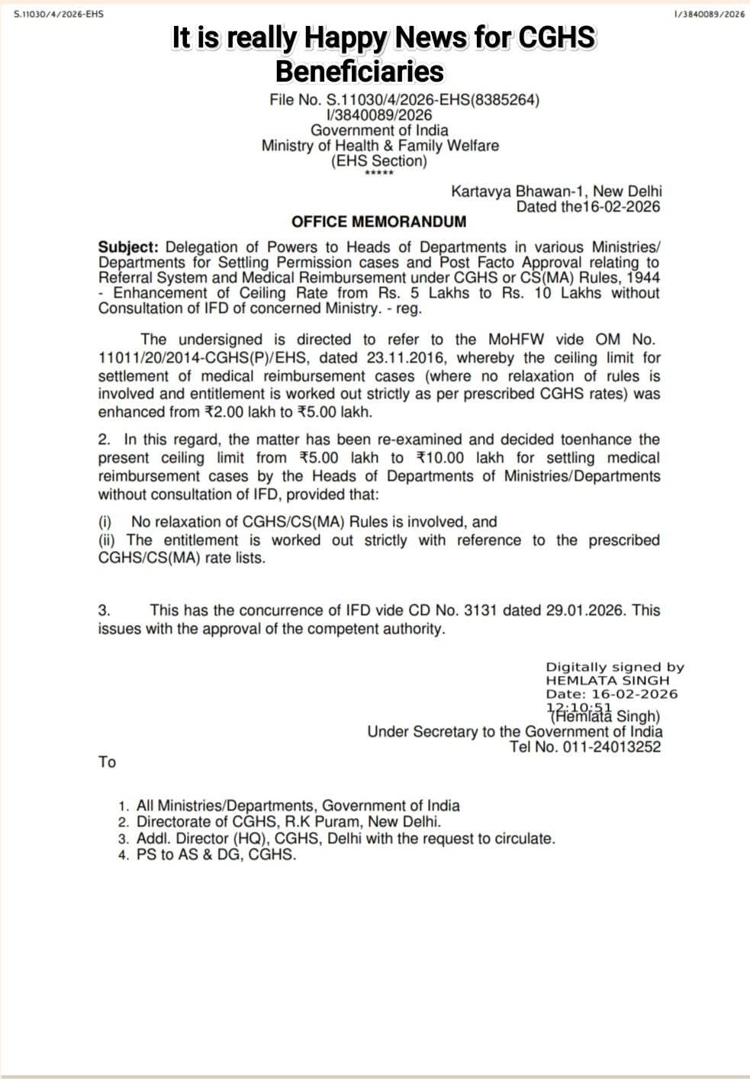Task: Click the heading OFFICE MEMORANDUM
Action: coord(378,222)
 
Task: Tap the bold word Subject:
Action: coord(128,247)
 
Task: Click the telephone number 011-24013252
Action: coord(612,747)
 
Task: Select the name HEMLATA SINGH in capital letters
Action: coord(607,680)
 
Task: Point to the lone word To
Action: coord(107,762)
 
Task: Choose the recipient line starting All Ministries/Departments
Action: coord(298,806)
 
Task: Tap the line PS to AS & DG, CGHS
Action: coord(216,855)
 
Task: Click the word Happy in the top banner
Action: coord(356,37)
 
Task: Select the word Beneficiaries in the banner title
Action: coord(359,71)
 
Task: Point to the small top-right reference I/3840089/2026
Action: coord(710,14)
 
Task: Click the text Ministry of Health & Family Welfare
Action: coord(380,145)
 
